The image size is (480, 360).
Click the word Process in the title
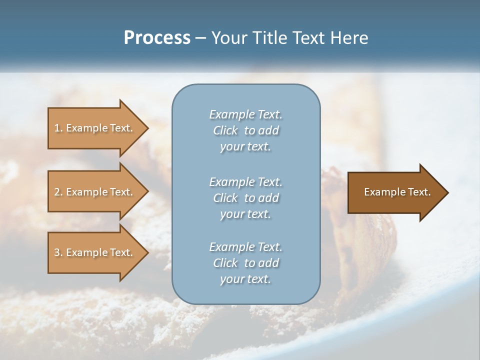[157, 38]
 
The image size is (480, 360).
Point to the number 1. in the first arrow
[58, 128]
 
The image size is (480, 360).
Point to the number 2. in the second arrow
[58, 192]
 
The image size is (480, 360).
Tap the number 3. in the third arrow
[58, 252]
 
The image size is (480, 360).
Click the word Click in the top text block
[225, 130]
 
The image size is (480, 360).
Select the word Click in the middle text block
[225, 198]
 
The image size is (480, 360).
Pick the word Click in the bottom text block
[225, 263]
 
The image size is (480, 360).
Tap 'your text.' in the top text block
[245, 147]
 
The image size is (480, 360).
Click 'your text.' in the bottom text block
[245, 279]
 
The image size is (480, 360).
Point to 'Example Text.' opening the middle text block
[245, 181]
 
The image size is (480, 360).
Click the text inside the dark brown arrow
[397, 192]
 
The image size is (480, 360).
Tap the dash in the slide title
[200, 38]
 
